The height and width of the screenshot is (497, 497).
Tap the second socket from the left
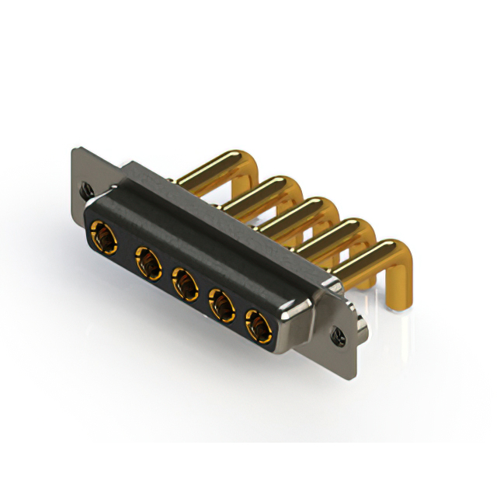pyautogui.click(x=145, y=260)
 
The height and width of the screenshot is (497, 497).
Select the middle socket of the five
pyautogui.click(x=183, y=282)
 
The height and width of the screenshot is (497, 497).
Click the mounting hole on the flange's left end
pyautogui.click(x=85, y=188)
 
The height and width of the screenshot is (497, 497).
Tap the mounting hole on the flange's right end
pyautogui.click(x=339, y=335)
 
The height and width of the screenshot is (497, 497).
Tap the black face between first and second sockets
pyautogui.click(x=125, y=247)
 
